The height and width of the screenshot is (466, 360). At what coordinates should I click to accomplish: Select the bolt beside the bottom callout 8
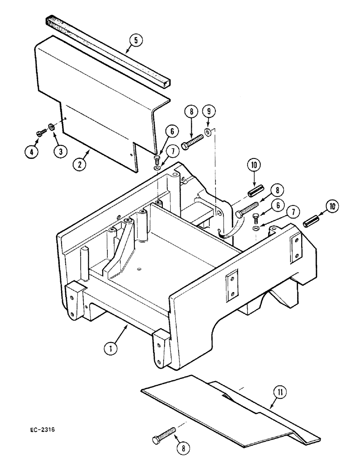point(164,438)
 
